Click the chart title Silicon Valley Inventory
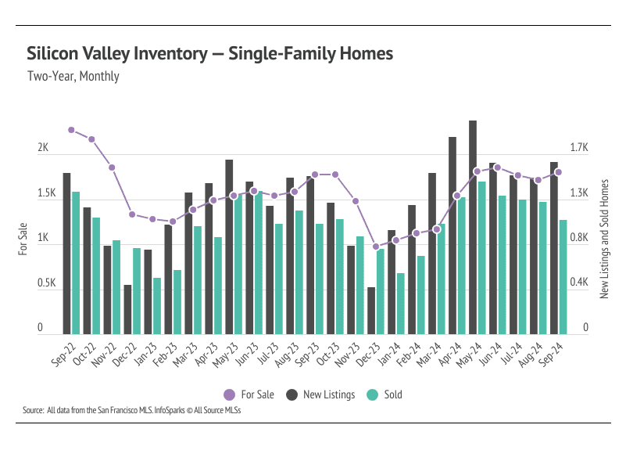pyautogui.click(x=209, y=53)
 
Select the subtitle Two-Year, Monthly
pyautogui.click(x=73, y=77)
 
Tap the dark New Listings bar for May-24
pyautogui.click(x=473, y=227)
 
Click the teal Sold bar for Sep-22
pyautogui.click(x=76, y=263)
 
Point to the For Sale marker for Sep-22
pyautogui.click(x=71, y=130)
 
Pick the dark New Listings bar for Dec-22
pyautogui.click(x=127, y=310)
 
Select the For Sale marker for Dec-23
pyautogui.click(x=376, y=247)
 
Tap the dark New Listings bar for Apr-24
pyautogui.click(x=453, y=235)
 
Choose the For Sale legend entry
pyautogui.click(x=249, y=394)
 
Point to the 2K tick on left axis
pyautogui.click(x=43, y=149)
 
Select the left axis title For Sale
pyautogui.click(x=23, y=239)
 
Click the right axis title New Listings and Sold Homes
pyautogui.click(x=604, y=239)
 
